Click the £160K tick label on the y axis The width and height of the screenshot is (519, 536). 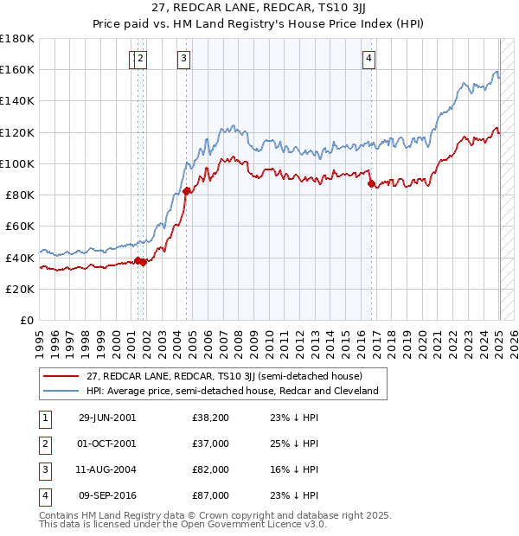pos(17,69)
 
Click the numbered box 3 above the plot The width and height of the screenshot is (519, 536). pos(184,59)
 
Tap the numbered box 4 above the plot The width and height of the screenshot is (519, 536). pos(368,59)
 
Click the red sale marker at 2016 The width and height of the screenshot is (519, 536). pos(371,183)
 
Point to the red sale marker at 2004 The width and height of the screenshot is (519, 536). pos(187,191)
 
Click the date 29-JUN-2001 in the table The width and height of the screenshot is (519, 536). pos(107,418)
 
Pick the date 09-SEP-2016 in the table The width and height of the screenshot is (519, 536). pos(107,495)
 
